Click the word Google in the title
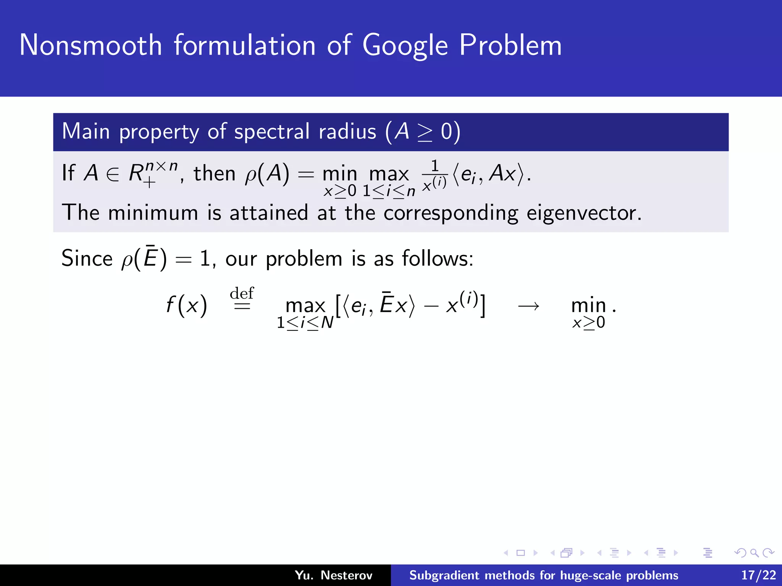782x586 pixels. (405, 46)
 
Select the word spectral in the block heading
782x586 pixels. (272, 132)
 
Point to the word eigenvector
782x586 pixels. (584, 213)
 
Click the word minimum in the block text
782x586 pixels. (153, 213)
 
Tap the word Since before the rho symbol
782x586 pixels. (87, 258)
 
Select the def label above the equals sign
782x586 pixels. (242, 293)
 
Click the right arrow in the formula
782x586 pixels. (528, 306)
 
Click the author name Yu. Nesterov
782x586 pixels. (333, 575)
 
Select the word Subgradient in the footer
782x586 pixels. (444, 575)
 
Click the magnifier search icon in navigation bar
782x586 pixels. (754, 553)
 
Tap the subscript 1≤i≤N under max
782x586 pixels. (305, 323)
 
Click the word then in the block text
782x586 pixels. (214, 174)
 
